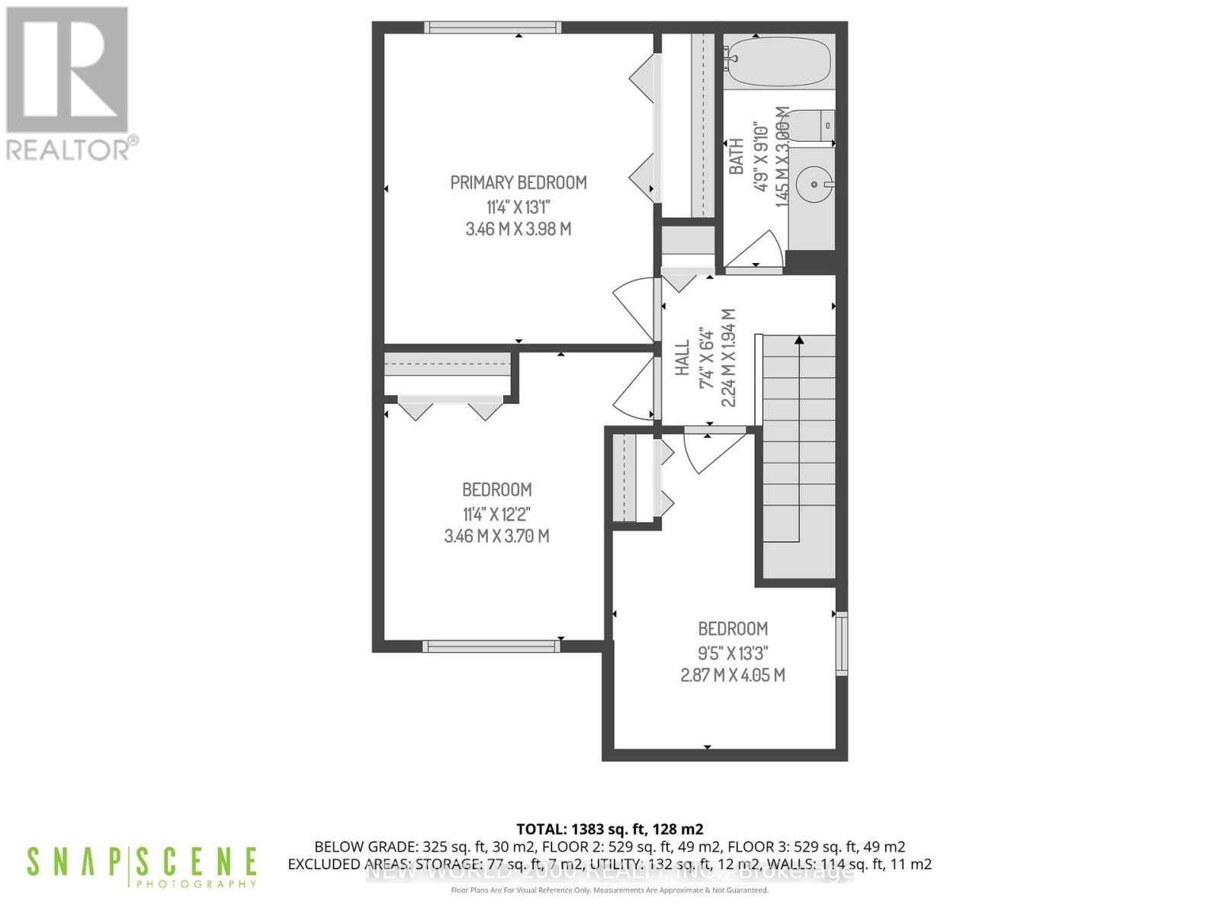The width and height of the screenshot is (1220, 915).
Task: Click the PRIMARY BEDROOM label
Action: [518, 183]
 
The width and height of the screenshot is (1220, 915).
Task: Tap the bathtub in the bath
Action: [777, 63]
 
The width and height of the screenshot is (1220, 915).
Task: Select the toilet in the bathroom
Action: [811, 125]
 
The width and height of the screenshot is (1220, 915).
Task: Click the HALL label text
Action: [682, 358]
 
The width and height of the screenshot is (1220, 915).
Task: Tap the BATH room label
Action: [737, 156]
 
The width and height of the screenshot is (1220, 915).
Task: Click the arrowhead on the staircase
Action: [799, 341]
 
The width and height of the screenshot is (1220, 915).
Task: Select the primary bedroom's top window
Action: [493, 28]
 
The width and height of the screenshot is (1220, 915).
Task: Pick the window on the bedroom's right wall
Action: [842, 644]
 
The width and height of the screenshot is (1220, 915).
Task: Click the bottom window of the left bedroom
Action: [491, 646]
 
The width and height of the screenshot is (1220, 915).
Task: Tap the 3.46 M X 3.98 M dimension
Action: [518, 229]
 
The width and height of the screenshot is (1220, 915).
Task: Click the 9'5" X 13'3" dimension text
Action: [732, 653]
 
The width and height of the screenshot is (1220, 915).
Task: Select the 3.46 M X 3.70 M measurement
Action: [496, 536]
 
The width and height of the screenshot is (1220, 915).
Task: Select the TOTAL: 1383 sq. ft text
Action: [609, 829]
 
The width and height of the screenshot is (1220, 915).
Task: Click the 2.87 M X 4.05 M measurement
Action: [732, 675]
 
